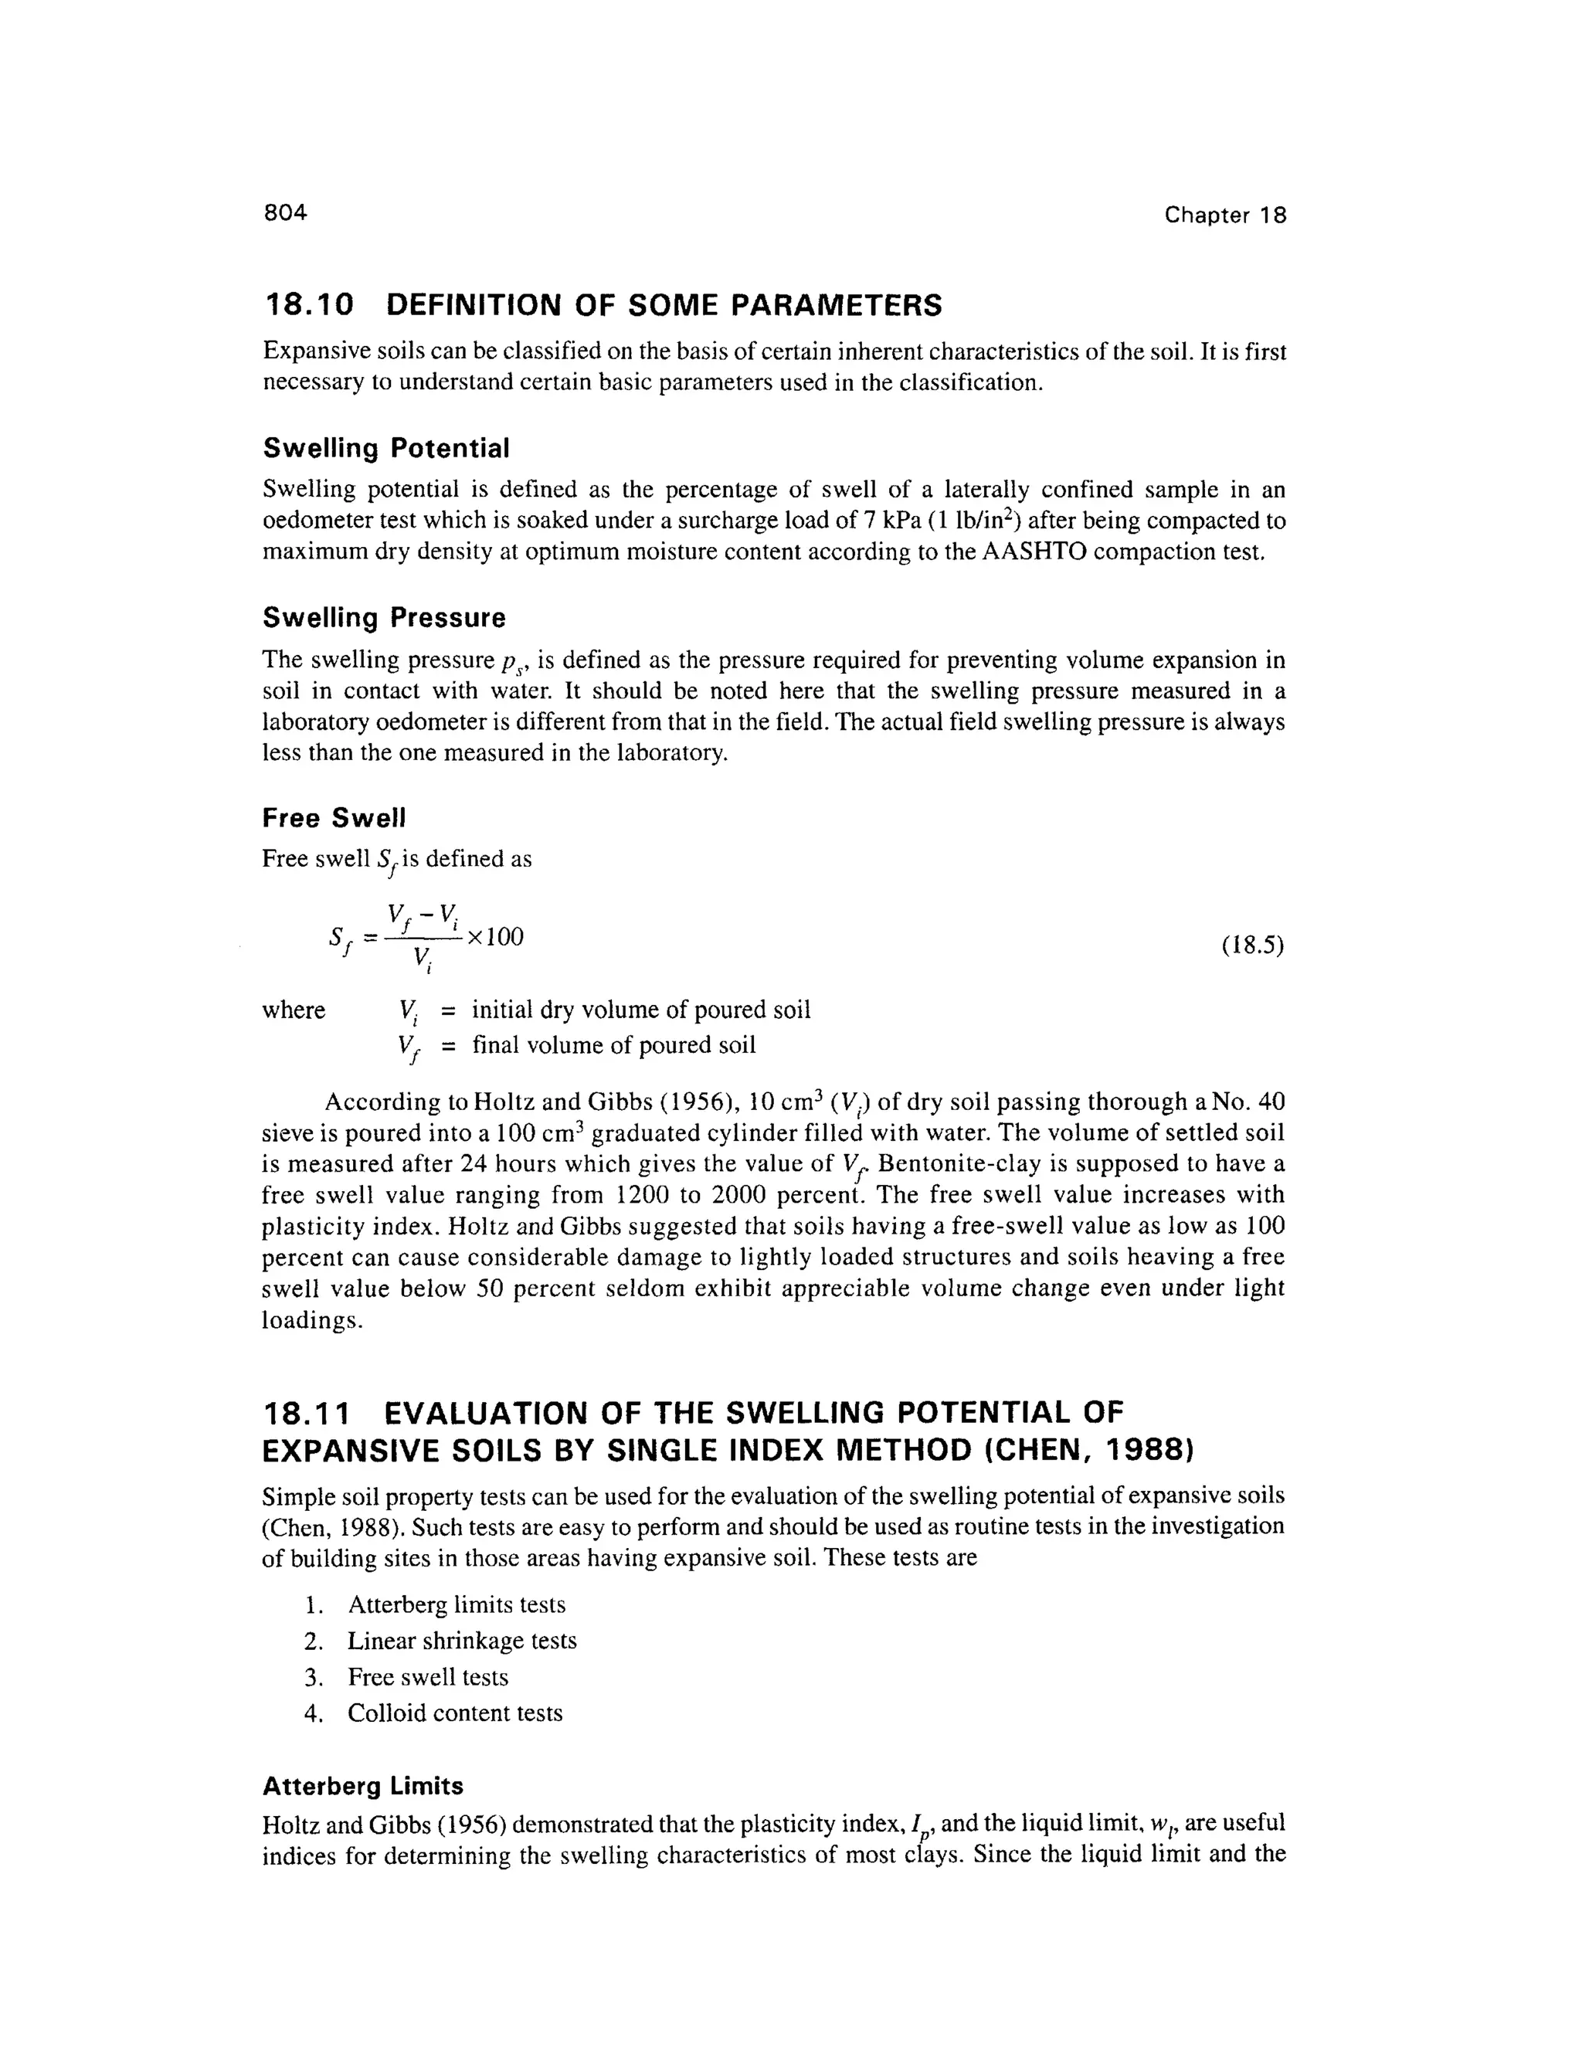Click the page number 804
[x=285, y=212]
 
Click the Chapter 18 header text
[x=1225, y=216]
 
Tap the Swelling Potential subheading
[x=385, y=448]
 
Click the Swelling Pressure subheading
[x=383, y=618]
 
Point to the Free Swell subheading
[x=334, y=818]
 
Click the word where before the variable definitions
[x=294, y=1010]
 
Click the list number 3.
[x=313, y=1677]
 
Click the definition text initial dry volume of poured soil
[x=640, y=1010]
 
